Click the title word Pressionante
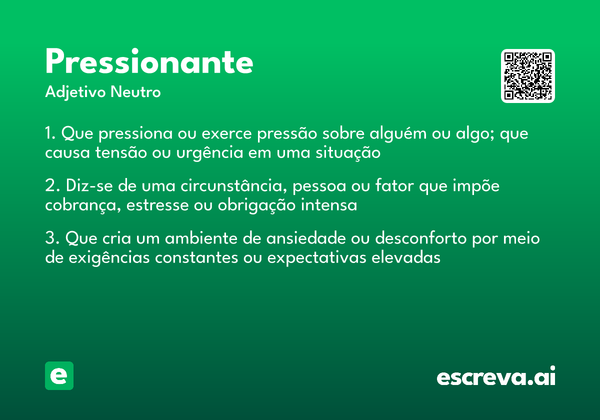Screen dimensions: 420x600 (x=149, y=63)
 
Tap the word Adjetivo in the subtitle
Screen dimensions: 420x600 (x=75, y=92)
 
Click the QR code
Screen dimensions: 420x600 (x=527, y=76)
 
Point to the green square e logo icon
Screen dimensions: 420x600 (x=59, y=375)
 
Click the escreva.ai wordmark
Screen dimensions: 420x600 (x=495, y=377)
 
